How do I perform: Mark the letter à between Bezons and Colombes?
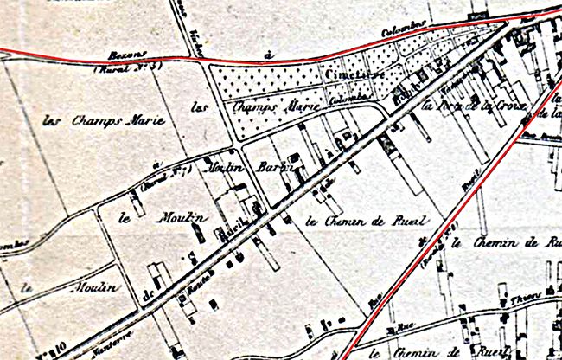point(268,55)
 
